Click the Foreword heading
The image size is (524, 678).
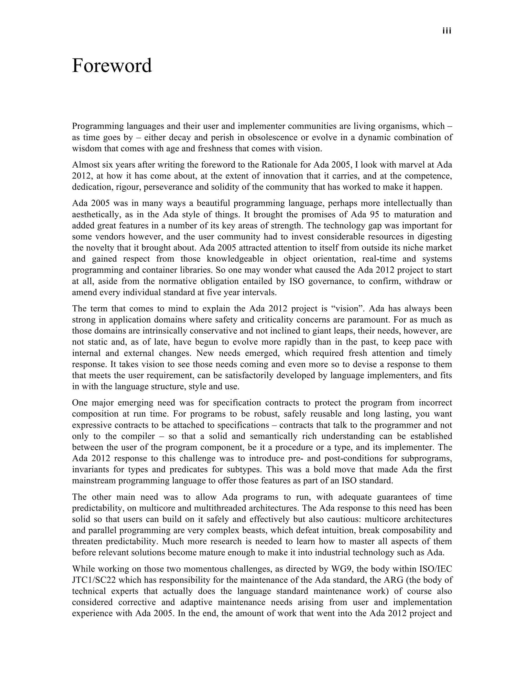coord(112,65)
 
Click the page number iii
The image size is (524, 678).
coord(447,31)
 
